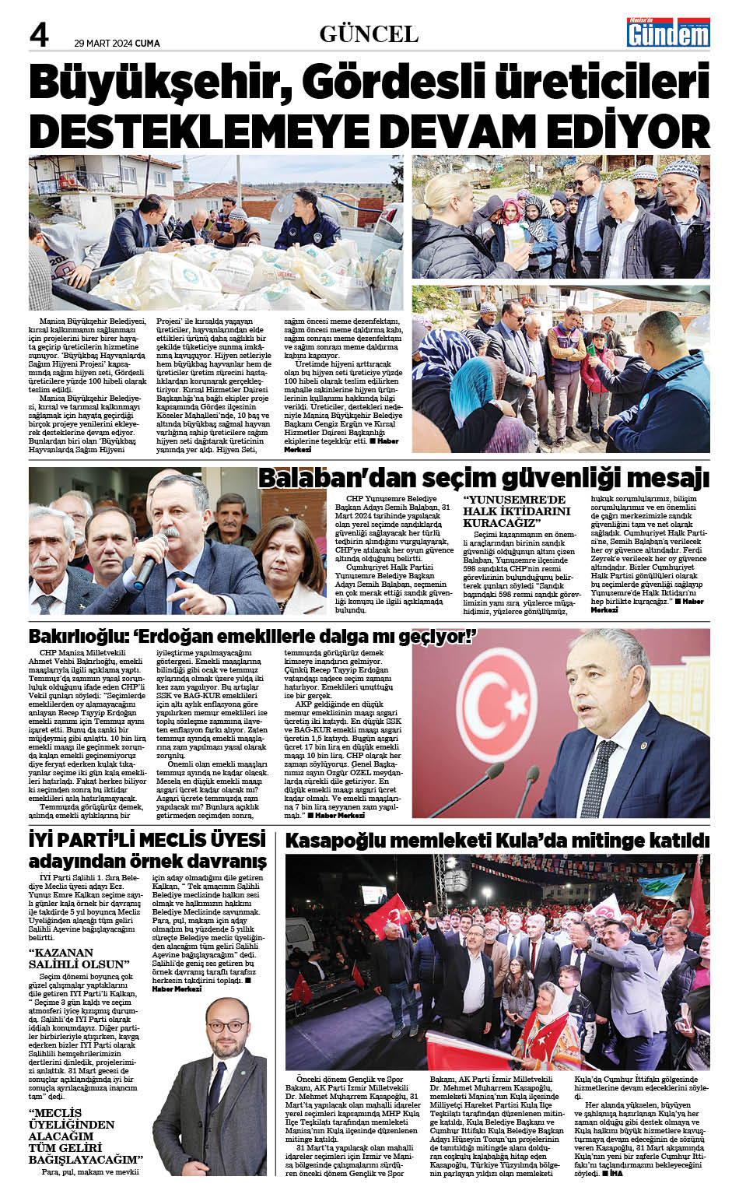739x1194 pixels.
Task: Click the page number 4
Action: click(39, 34)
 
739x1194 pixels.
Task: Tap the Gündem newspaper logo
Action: click(669, 32)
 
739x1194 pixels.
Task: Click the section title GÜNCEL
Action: click(369, 34)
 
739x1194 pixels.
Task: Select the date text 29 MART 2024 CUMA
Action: click(117, 44)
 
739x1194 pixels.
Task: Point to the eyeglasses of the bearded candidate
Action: click(226, 1027)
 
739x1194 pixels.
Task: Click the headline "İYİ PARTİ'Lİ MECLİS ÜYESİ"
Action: click(147, 840)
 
